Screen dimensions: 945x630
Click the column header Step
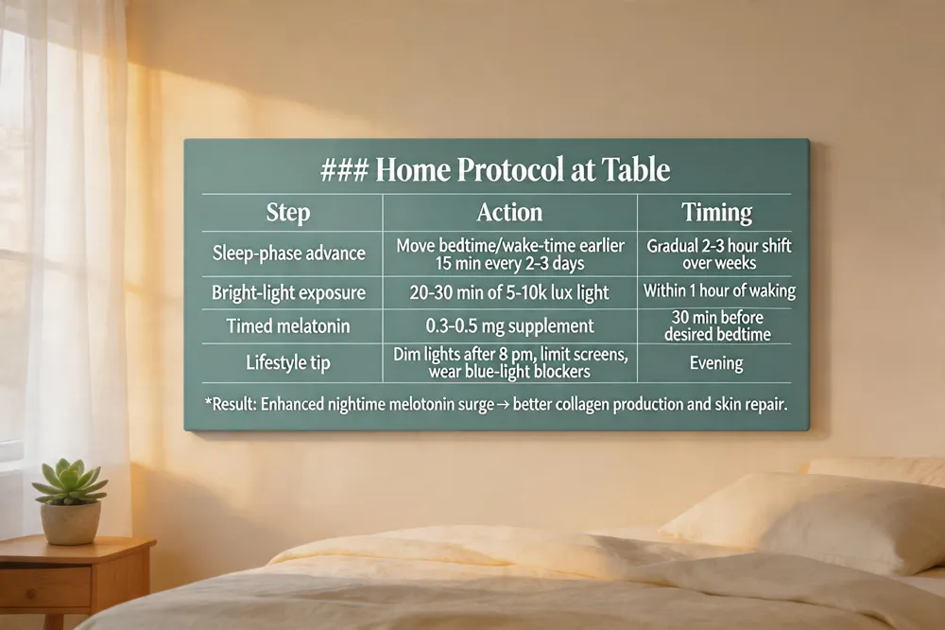(288, 213)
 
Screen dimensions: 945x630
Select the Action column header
(509, 213)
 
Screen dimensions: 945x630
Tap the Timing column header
(716, 213)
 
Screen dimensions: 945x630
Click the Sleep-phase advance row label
(288, 253)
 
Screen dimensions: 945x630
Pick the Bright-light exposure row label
(288, 292)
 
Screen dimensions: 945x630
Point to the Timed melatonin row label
(288, 325)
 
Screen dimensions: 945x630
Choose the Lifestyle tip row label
(288, 362)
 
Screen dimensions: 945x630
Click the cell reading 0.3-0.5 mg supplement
(510, 326)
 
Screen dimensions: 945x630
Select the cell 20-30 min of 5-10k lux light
(509, 292)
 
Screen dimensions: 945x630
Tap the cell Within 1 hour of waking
(719, 290)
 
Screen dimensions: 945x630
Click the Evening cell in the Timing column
(716, 362)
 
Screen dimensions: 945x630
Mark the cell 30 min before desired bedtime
(717, 325)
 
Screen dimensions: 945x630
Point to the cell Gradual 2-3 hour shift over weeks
(718, 254)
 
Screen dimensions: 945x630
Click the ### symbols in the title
(344, 169)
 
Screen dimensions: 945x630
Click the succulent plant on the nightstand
(70, 481)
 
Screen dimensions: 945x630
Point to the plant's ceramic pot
(71, 522)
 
